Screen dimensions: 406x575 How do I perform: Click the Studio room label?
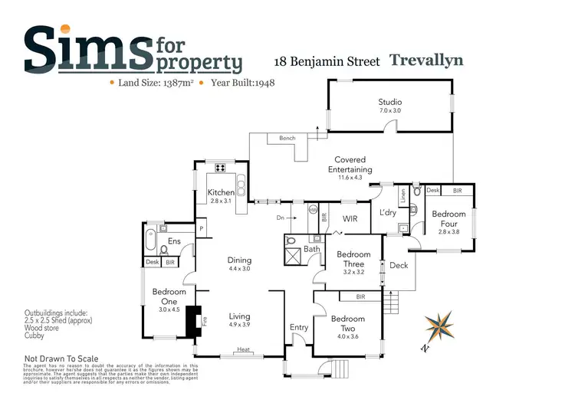click(x=389, y=102)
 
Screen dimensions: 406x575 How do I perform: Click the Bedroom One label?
click(x=169, y=293)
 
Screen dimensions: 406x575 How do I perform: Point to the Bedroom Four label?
click(x=449, y=219)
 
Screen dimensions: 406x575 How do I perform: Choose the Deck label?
click(x=399, y=266)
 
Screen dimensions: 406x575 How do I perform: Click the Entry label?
click(x=298, y=328)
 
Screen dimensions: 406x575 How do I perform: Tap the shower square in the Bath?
click(x=293, y=256)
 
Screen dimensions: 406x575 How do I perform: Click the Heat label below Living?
click(x=244, y=350)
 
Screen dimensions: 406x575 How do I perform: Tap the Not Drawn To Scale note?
click(x=61, y=359)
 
